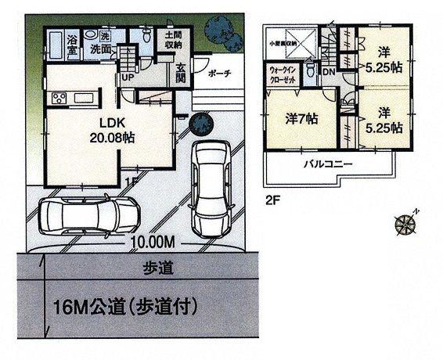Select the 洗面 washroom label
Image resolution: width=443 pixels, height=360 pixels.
point(100,49)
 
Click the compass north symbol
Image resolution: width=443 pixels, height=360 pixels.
point(407,223)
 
